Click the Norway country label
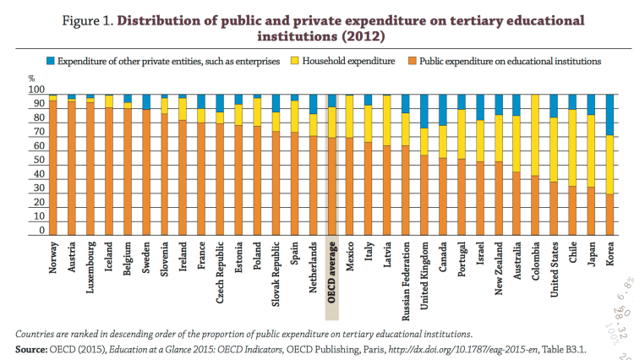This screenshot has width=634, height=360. click(x=53, y=262)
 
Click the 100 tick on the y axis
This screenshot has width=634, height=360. click(x=36, y=90)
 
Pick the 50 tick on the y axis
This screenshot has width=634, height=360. click(x=39, y=161)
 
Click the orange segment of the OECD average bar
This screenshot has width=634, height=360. click(x=332, y=186)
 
